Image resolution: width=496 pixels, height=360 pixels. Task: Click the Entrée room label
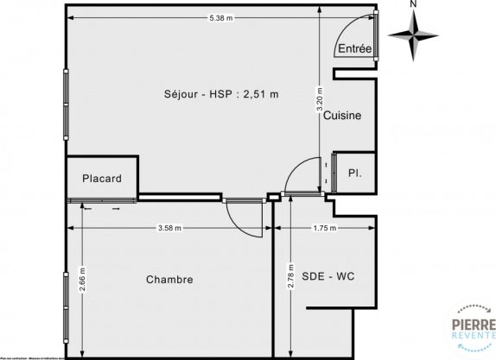pyautogui.click(x=354, y=49)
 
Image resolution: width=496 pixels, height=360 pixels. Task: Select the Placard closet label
pyautogui.click(x=102, y=179)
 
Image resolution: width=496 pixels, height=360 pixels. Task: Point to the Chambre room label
pyautogui.click(x=169, y=280)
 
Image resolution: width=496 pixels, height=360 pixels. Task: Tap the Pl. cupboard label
pyautogui.click(x=354, y=174)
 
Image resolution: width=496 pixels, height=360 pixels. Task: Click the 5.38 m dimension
pyautogui.click(x=220, y=18)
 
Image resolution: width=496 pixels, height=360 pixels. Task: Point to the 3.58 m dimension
pyautogui.click(x=169, y=228)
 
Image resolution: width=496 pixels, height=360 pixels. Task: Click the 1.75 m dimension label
pyautogui.click(x=325, y=228)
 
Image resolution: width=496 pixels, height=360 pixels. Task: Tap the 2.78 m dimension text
pyautogui.click(x=291, y=281)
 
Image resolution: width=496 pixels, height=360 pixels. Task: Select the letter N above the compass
pyautogui.click(x=414, y=4)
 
